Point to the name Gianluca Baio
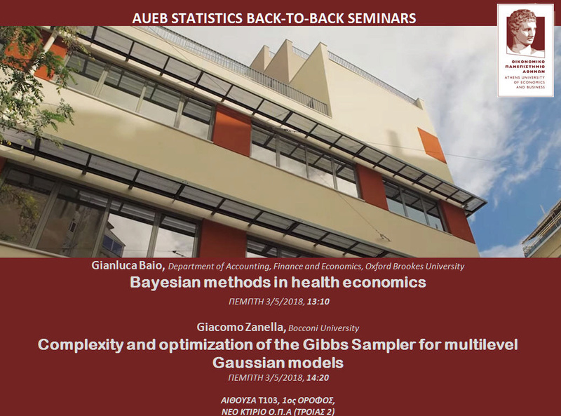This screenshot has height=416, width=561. pyautogui.click(x=128, y=265)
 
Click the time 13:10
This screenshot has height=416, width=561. pyautogui.click(x=318, y=302)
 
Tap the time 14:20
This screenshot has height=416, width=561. pyautogui.click(x=318, y=377)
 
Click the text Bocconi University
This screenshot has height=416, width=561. pyautogui.click(x=323, y=328)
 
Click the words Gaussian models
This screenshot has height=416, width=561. pyautogui.click(x=278, y=363)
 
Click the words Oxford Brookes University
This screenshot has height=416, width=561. pyautogui.click(x=414, y=267)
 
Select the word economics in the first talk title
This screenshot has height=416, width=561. pyautogui.click(x=384, y=283)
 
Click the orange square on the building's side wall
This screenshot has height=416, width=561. pyautogui.click(x=432, y=145)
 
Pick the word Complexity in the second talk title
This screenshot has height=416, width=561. pyautogui.click(x=81, y=345)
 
